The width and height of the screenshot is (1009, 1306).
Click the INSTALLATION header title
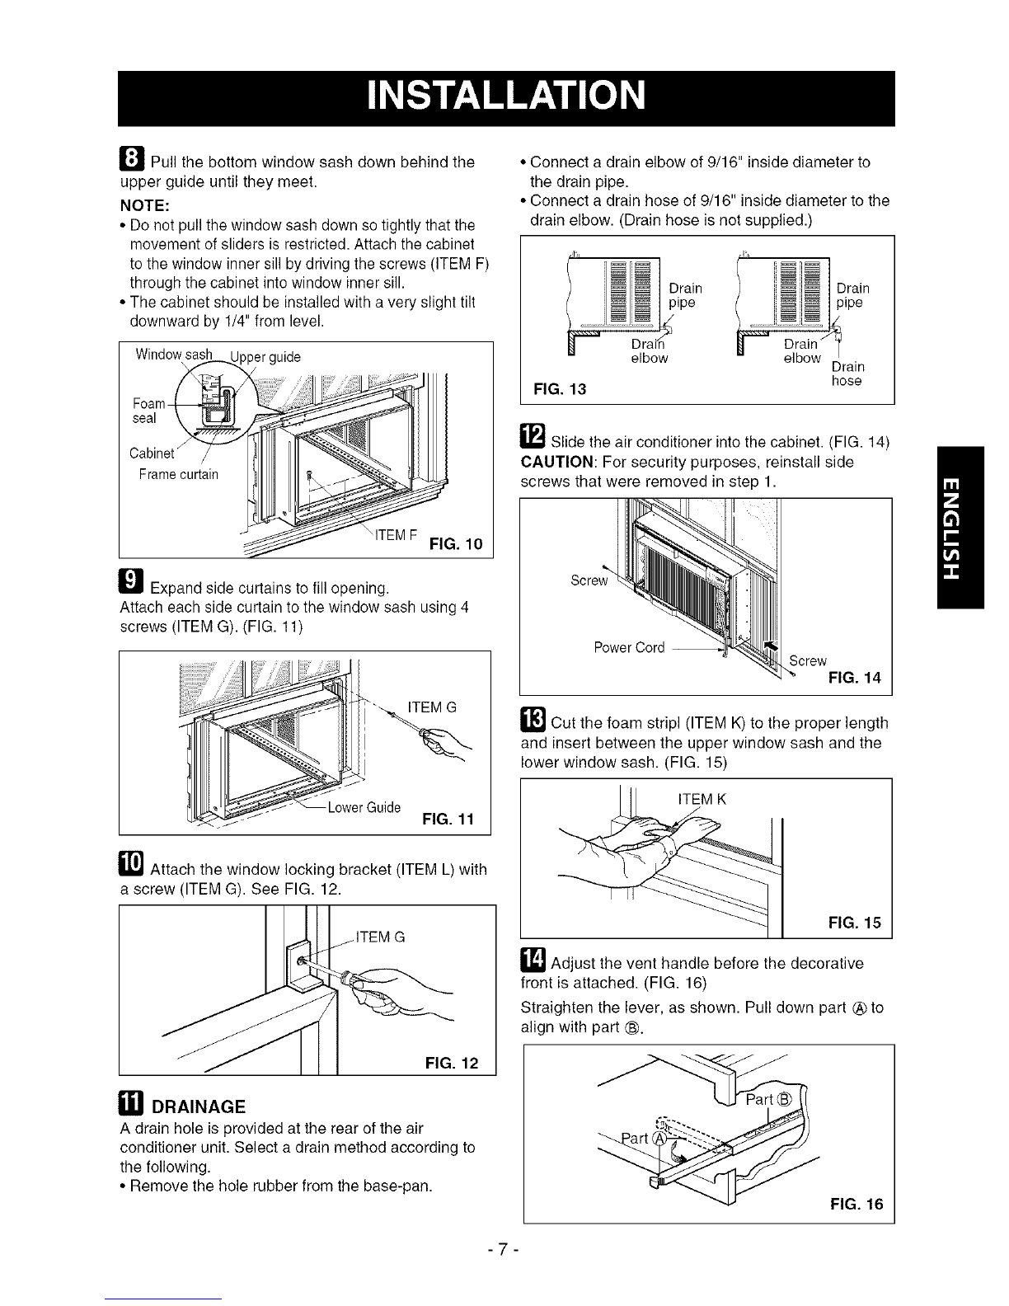506,96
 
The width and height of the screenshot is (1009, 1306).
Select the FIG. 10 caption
456,544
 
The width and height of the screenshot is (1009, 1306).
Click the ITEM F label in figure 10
396,535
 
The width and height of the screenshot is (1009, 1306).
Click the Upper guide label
265,357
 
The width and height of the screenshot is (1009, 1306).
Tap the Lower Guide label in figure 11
364,807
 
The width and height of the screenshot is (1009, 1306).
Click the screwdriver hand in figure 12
397,991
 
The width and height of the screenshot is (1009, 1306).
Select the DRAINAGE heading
199,1106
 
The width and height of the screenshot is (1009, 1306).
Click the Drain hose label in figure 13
847,373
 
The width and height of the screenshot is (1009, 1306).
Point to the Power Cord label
629,647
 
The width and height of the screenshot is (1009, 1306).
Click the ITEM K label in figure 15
702,799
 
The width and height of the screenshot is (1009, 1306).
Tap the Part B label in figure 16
769,1099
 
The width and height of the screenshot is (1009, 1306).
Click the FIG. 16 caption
856,1204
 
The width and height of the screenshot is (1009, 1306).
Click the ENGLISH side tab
960,527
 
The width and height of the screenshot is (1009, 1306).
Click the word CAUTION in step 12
556,462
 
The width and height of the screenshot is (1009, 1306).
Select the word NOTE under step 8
144,205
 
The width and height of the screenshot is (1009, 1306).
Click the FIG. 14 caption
855,678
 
